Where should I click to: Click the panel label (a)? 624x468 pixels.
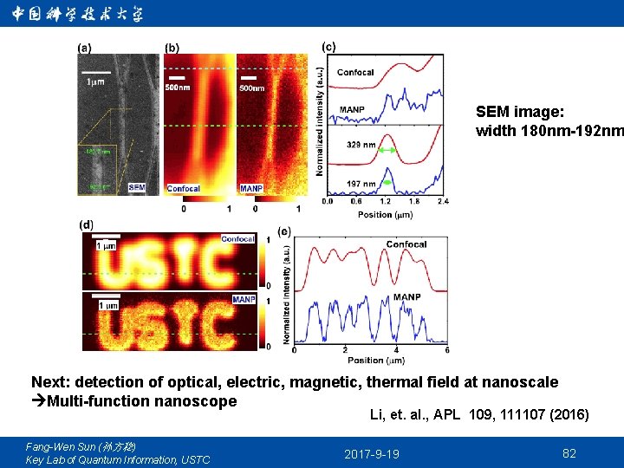[87, 48]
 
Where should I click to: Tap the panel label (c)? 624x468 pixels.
[329, 46]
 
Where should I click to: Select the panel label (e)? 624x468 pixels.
[284, 231]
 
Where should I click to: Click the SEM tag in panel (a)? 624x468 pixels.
[136, 187]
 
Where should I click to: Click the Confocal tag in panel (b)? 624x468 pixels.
[184, 188]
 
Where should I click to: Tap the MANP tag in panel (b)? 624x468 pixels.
[251, 188]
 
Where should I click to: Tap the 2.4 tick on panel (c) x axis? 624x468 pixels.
[443, 202]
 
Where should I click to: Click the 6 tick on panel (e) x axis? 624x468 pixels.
[447, 350]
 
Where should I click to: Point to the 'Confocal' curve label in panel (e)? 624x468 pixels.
[406, 244]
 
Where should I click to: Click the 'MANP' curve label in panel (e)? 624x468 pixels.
[406, 297]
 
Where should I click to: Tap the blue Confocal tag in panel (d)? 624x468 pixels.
[238, 239]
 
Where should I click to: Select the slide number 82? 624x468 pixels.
[569, 453]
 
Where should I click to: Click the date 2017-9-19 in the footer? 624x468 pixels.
[372, 454]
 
